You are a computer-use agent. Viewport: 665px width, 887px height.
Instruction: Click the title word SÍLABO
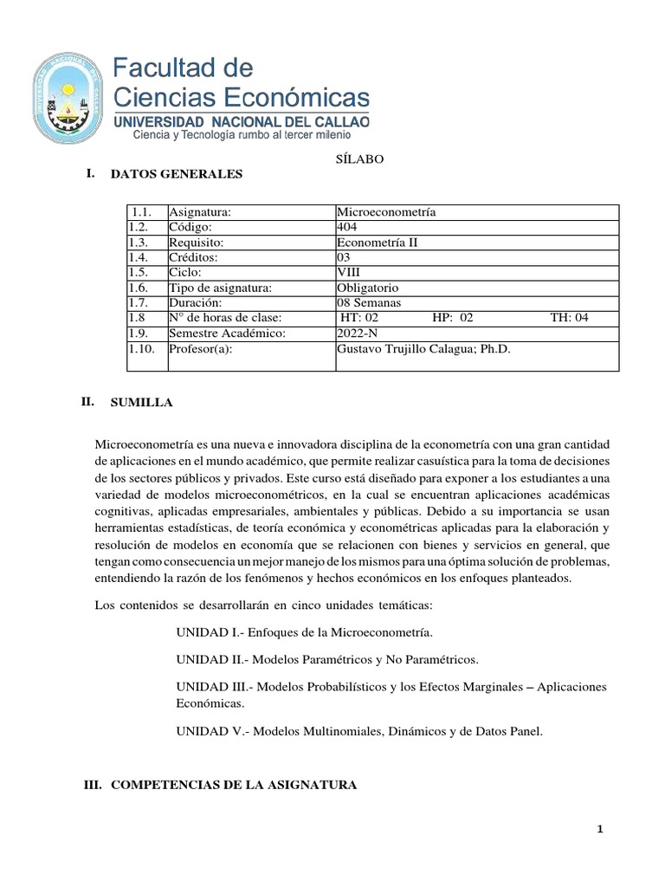pos(353,159)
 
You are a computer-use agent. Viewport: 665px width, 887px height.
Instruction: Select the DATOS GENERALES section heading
pos(177,174)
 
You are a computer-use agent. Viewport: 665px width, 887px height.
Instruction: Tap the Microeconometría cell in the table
pos(385,212)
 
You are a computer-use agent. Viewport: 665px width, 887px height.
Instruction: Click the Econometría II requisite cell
pos(377,243)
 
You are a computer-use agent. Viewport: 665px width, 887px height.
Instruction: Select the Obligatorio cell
pos(372,288)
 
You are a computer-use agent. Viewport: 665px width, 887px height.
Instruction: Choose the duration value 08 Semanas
pos(374,303)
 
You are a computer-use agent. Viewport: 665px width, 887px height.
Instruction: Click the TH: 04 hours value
pos(569,318)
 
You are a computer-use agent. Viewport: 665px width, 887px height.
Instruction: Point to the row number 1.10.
pos(144,349)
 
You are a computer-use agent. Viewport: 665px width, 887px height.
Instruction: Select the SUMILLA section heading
pos(141,403)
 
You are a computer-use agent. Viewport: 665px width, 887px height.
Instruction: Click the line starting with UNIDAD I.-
pos(304,633)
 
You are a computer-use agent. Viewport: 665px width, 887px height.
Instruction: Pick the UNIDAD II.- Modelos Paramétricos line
pos(326,660)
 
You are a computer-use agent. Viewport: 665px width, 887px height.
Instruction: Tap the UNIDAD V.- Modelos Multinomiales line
pos(359,731)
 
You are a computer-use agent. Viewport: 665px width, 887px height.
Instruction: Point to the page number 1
pos(600,830)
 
